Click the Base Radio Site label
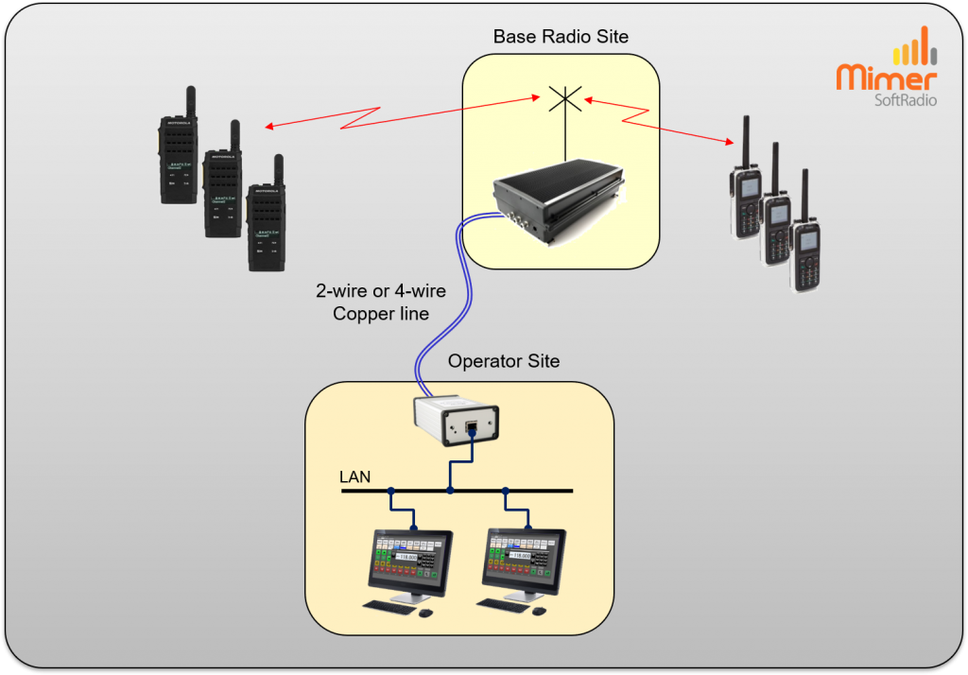(x=561, y=37)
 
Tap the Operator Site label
(x=504, y=361)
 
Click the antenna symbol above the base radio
(x=565, y=99)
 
